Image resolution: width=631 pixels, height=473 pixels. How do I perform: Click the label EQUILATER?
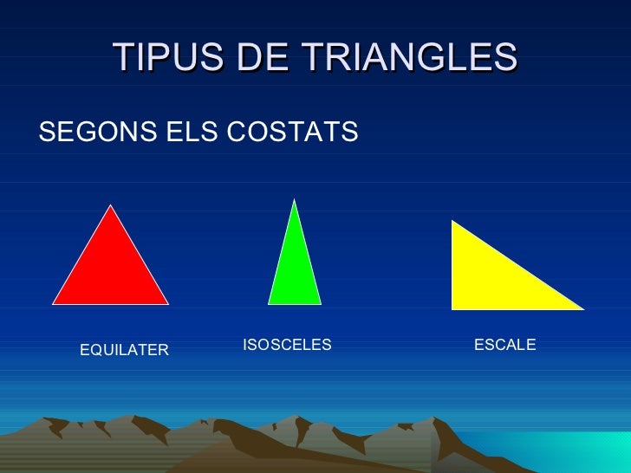(124, 350)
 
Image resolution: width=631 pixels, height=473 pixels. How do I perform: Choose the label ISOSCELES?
(287, 345)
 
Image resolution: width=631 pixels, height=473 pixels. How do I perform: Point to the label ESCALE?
(505, 345)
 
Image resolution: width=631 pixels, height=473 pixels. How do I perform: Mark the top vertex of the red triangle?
(110, 205)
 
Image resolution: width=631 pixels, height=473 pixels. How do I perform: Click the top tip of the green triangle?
(296, 200)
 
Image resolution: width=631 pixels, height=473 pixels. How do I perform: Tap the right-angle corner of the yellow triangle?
(453, 308)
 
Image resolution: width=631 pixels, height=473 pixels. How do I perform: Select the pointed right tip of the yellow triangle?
(582, 308)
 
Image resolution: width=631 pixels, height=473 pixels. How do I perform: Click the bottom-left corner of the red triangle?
(54, 303)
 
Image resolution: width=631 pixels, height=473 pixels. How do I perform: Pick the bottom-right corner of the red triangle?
(167, 303)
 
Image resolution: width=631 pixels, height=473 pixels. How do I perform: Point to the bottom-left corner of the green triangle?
(269, 303)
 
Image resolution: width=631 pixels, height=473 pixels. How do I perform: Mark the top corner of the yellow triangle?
(453, 222)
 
